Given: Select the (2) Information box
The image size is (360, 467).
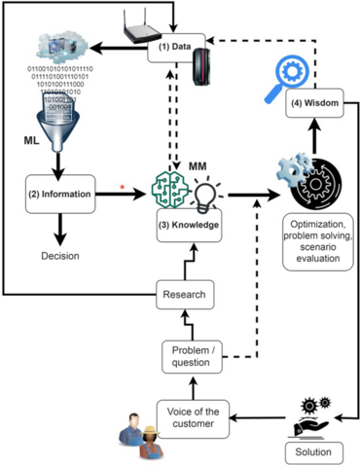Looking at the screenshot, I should coord(60,195).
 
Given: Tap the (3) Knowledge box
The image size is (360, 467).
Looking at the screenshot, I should coord(188,225).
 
